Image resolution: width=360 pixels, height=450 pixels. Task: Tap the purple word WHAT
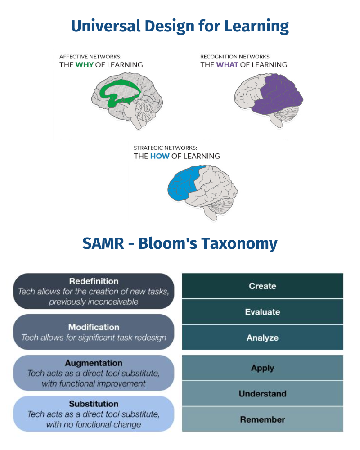pyautogui.click(x=227, y=65)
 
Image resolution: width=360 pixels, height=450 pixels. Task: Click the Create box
pyautogui.click(x=262, y=286)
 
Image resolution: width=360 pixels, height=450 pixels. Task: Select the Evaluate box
pyautogui.click(x=262, y=312)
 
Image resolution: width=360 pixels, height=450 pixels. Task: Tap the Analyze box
pyautogui.click(x=262, y=337)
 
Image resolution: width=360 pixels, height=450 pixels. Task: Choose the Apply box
pyautogui.click(x=262, y=368)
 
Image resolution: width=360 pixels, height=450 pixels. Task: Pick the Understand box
pyautogui.click(x=262, y=394)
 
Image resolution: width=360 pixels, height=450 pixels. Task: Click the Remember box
pyautogui.click(x=262, y=419)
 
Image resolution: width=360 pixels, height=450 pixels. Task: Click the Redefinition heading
pyautogui.click(x=94, y=281)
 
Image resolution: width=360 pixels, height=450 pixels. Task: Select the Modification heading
pyautogui.click(x=94, y=327)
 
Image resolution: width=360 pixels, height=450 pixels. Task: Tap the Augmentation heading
pyautogui.click(x=94, y=363)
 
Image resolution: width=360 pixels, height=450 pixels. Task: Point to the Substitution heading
pyautogui.click(x=94, y=404)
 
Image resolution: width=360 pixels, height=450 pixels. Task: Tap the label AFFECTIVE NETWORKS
pyautogui.click(x=90, y=57)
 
